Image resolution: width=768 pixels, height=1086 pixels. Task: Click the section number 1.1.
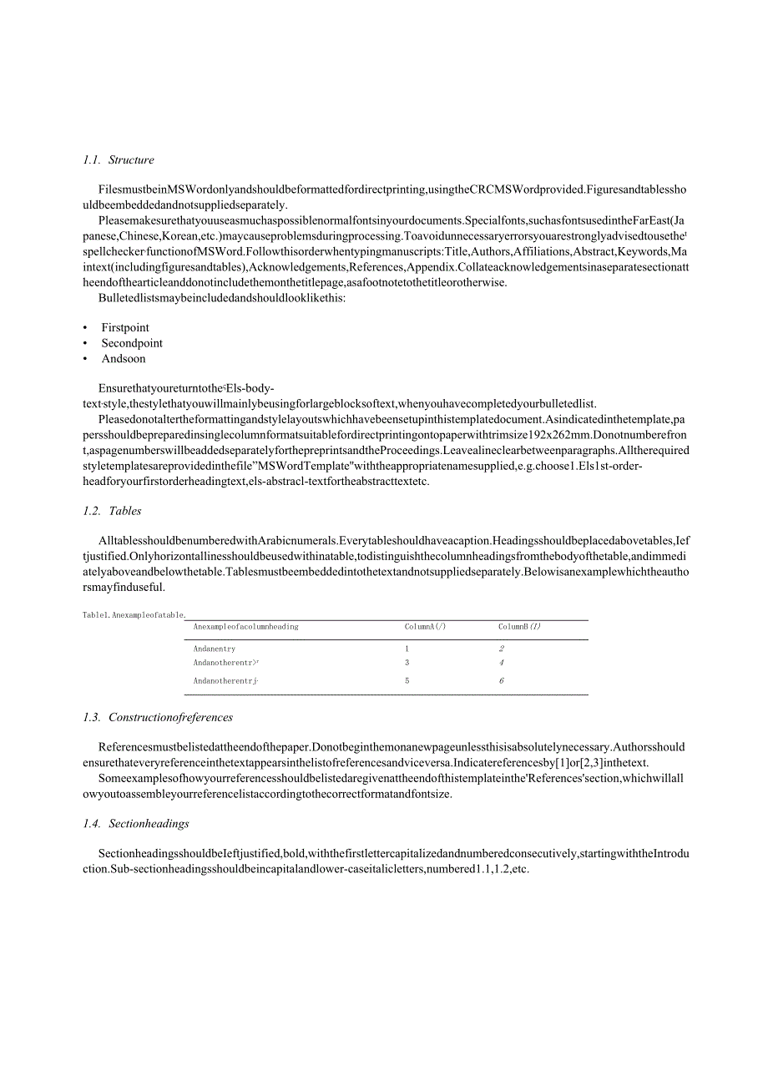92,160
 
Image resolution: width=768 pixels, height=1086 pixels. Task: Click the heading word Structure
131,160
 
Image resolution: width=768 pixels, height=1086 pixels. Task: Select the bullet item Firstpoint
125,328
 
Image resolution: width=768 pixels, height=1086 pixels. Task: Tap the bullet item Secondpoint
132,343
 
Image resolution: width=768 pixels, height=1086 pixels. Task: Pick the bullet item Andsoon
124,359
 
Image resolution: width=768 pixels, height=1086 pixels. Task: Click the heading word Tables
125,511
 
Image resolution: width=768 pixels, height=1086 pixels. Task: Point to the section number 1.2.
92,511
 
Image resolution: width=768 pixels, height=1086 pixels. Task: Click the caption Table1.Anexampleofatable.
134,615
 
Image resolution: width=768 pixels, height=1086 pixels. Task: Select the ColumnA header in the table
425,627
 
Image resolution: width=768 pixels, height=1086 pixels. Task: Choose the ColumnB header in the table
519,627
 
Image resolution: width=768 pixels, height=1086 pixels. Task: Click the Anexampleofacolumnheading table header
245,627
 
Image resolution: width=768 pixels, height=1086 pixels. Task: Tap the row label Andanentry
215,649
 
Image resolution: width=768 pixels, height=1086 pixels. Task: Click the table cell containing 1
407,649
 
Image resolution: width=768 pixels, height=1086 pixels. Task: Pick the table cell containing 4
502,663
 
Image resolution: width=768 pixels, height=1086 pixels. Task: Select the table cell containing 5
407,681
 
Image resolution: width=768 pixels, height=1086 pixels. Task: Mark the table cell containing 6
502,681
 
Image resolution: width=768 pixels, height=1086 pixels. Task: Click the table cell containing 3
407,663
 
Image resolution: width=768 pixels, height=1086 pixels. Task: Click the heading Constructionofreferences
170,718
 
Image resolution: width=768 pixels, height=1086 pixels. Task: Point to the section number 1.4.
92,824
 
